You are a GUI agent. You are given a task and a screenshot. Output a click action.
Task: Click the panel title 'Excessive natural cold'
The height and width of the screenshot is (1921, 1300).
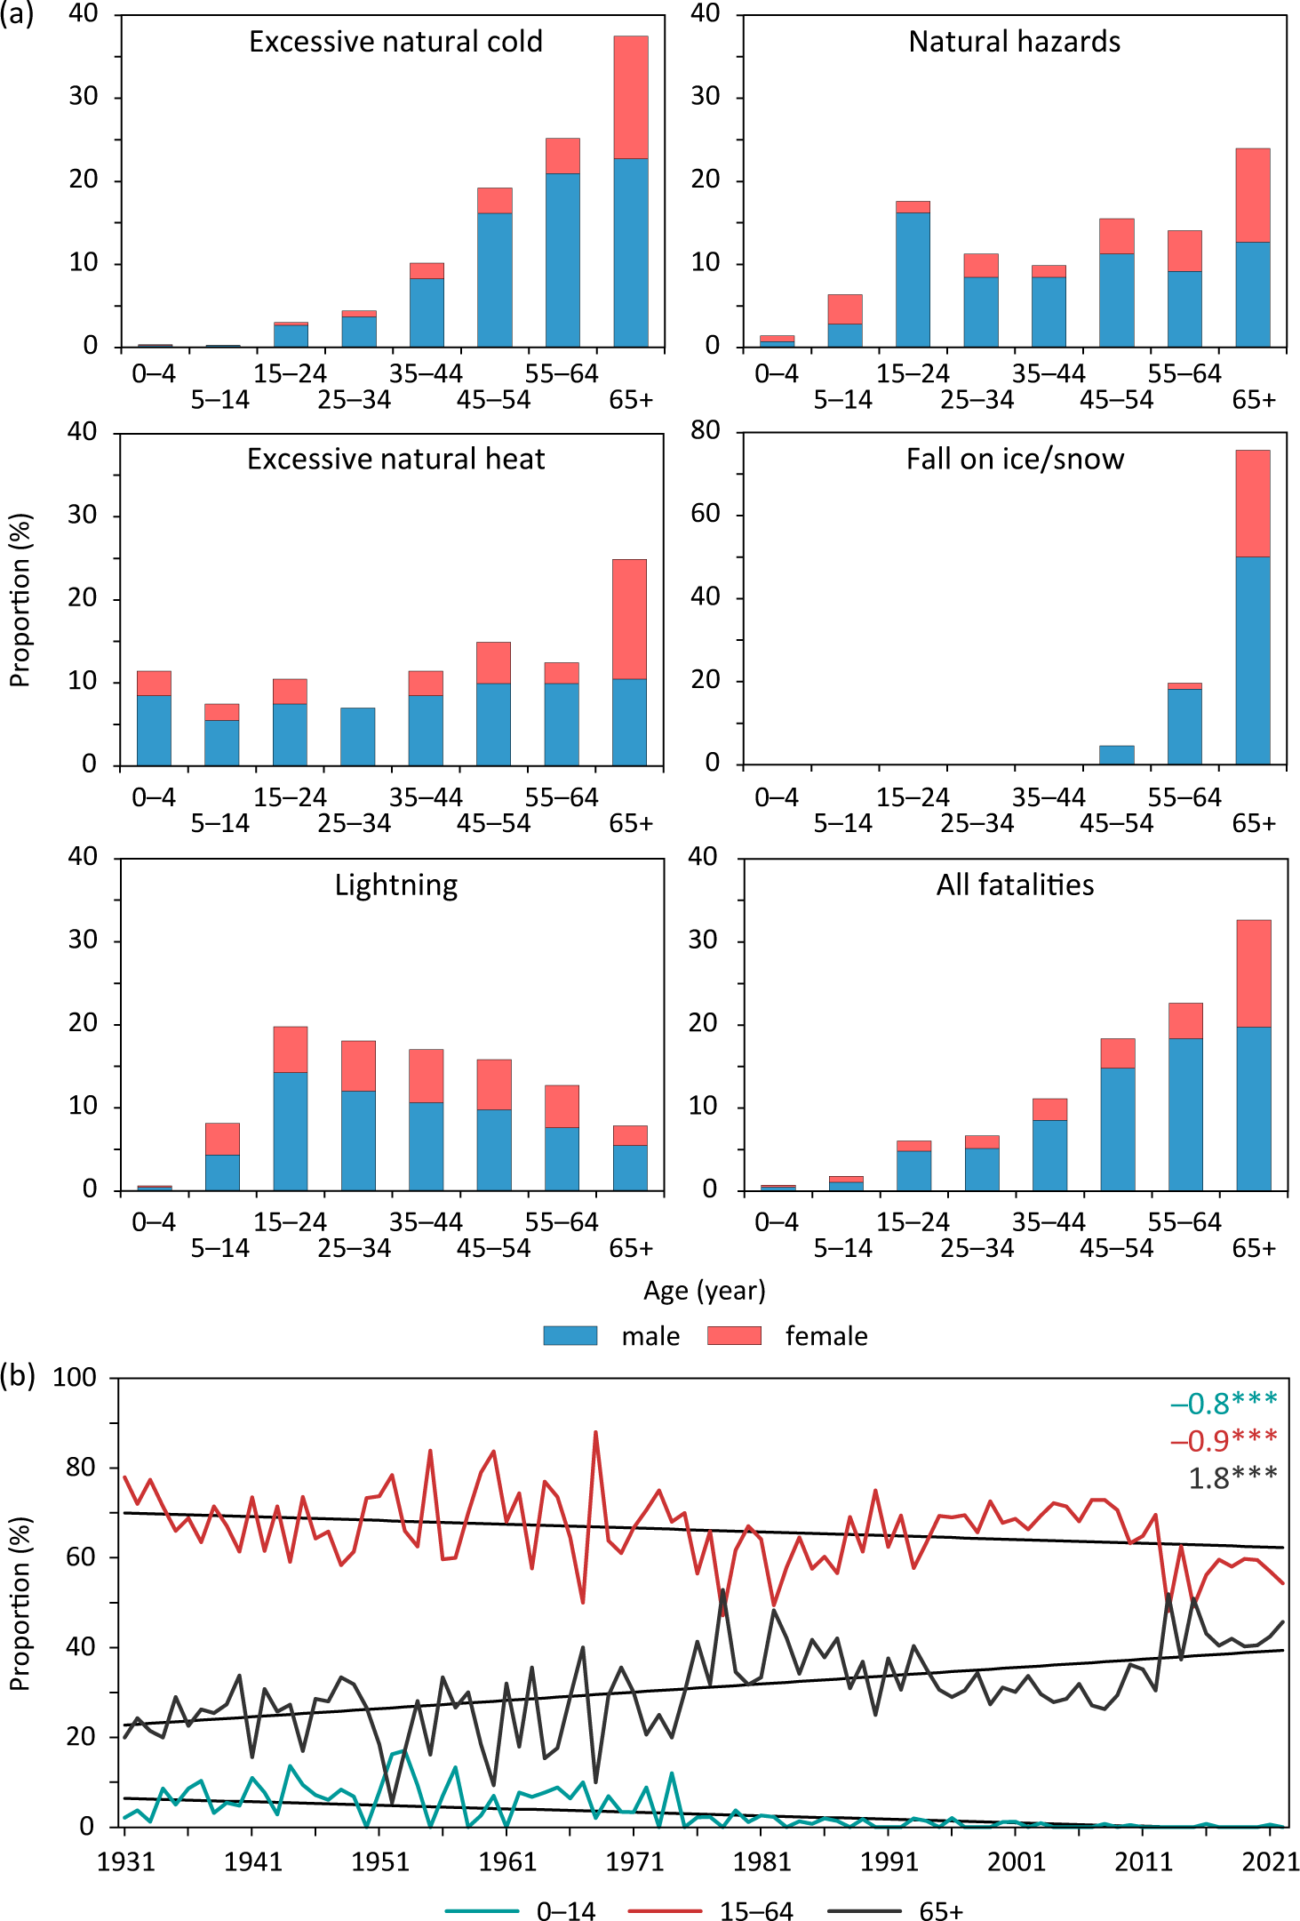395,42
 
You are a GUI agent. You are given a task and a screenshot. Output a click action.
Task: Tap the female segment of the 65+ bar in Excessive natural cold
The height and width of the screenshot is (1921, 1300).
631,97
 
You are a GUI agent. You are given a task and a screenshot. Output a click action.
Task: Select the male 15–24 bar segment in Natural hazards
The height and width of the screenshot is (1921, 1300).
913,279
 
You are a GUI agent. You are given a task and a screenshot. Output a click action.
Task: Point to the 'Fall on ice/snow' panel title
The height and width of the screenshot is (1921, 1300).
1015,459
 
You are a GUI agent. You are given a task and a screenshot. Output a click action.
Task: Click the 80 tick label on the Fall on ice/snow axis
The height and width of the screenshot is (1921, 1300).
706,431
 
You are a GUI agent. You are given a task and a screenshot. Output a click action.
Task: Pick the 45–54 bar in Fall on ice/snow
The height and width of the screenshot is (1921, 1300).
1116,755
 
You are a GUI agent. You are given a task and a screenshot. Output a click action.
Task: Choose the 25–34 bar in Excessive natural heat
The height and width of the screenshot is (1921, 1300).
357,736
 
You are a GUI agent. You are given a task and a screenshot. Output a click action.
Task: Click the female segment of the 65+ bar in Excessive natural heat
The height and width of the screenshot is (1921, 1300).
629,619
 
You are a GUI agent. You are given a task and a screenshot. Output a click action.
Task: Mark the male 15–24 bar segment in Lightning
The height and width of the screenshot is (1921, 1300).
290,1131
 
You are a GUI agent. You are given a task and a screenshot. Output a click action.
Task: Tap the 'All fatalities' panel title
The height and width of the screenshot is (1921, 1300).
1015,884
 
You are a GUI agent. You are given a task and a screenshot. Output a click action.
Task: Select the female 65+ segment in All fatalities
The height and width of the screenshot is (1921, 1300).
1253,973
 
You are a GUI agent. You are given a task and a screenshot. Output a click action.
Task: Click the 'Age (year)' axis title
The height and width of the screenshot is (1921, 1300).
704,1290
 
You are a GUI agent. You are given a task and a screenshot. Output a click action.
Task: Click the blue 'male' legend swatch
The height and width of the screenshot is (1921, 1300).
570,1335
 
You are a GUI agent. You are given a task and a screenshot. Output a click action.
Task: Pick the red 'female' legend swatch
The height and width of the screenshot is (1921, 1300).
734,1335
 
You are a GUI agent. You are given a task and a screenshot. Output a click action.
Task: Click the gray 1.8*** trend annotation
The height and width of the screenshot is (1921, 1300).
1232,1477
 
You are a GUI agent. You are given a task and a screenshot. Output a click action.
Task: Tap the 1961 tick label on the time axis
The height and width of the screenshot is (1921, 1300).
507,1861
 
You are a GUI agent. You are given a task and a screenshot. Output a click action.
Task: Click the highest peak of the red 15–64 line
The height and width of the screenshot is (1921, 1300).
595,1432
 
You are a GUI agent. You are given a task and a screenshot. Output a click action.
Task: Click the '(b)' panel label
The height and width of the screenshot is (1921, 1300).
18,1376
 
